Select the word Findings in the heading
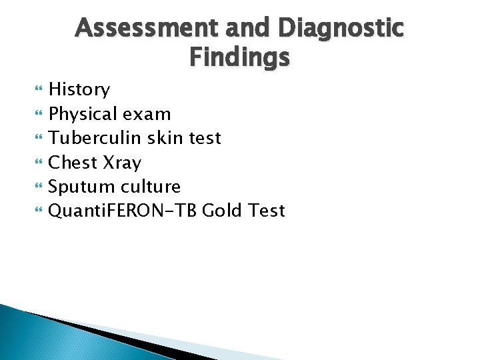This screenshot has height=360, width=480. click(x=239, y=58)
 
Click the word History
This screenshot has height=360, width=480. click(x=80, y=89)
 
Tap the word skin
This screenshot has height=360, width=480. click(x=169, y=138)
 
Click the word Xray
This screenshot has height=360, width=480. click(x=123, y=162)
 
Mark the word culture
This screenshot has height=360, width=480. click(x=151, y=187)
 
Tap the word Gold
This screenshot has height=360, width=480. click(x=223, y=211)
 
